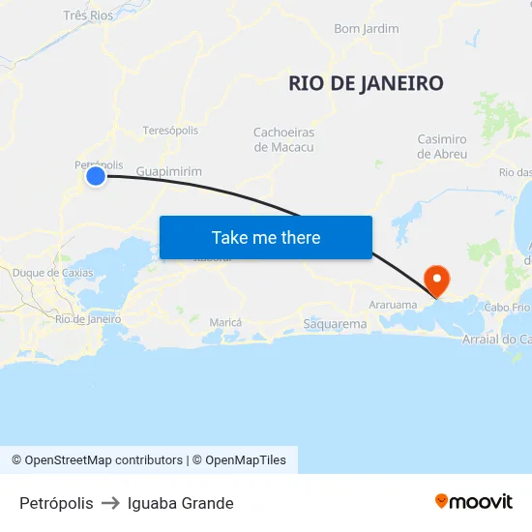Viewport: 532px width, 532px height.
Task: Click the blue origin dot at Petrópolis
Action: pyautogui.click(x=95, y=176)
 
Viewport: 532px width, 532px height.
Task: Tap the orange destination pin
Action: pyautogui.click(x=437, y=281)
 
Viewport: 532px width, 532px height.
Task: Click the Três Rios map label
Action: pyautogui.click(x=87, y=15)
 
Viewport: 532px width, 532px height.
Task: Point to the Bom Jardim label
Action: pyautogui.click(x=366, y=29)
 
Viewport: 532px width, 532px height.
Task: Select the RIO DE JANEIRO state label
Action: pyautogui.click(x=366, y=83)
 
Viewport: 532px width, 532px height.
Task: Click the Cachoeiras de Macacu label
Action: pyautogui.click(x=283, y=139)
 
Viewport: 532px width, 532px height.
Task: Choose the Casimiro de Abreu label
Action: pyautogui.click(x=442, y=146)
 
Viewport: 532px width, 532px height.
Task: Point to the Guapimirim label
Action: pyautogui.click(x=169, y=171)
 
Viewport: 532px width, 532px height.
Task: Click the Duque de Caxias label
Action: pyautogui.click(x=53, y=273)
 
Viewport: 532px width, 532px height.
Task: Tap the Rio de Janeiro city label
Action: pyautogui.click(x=88, y=318)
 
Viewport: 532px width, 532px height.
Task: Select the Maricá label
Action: pyautogui.click(x=225, y=321)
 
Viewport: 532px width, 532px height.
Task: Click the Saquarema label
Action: pyautogui.click(x=335, y=324)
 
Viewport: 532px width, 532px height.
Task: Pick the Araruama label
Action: pyautogui.click(x=393, y=304)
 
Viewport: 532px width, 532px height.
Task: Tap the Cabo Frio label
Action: pyautogui.click(x=507, y=308)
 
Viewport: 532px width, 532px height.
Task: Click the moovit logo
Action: pyautogui.click(x=474, y=501)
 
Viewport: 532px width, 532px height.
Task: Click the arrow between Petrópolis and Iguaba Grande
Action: pyautogui.click(x=110, y=503)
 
